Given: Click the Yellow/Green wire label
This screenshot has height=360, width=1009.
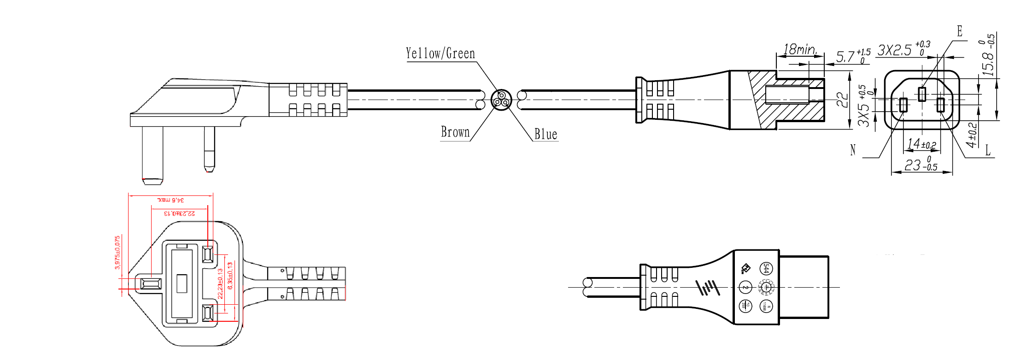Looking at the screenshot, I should click(x=440, y=53).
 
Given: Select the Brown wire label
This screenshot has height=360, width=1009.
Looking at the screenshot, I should click(x=455, y=132).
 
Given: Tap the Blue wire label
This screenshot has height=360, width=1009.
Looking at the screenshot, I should click(x=546, y=135).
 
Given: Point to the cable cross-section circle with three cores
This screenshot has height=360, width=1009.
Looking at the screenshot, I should click(x=501, y=100).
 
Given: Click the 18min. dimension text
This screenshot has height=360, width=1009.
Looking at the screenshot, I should click(x=799, y=49).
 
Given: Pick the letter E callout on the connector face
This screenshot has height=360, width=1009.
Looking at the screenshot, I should click(x=960, y=31).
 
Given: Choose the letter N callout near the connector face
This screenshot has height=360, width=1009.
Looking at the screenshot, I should click(x=853, y=150).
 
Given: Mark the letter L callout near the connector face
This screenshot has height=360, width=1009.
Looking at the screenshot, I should click(x=987, y=150).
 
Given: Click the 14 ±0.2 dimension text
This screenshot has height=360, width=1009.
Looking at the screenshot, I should click(x=921, y=144).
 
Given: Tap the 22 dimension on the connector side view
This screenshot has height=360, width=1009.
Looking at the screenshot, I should click(x=842, y=100).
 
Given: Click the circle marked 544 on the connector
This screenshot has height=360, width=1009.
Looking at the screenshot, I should click(x=766, y=269).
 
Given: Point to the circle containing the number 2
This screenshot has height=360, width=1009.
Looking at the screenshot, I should click(x=745, y=287).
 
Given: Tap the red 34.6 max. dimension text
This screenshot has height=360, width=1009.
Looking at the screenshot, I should click(x=171, y=200).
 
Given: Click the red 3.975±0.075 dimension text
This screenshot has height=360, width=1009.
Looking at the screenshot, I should click(x=117, y=253).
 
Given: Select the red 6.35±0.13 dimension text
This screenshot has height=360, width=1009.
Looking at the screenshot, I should click(x=230, y=276).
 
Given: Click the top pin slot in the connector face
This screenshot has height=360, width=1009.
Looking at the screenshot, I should click(x=922, y=94).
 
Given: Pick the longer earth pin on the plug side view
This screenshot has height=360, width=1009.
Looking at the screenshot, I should click(x=153, y=155).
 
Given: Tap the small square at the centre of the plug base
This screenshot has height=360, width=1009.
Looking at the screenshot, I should click(x=182, y=283).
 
